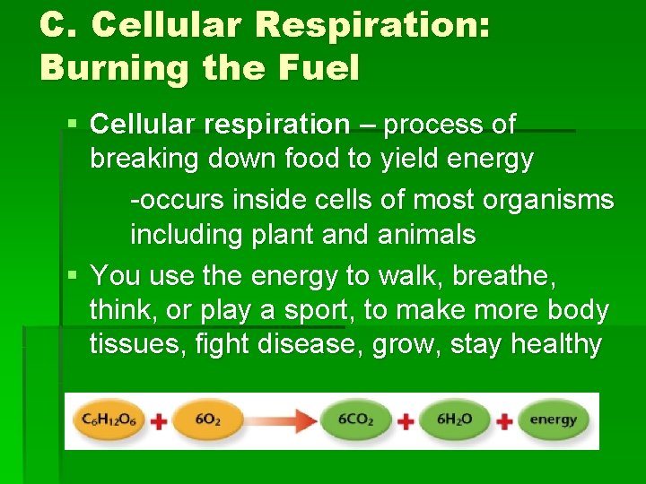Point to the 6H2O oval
click(x=455, y=419)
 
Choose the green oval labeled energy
click(x=553, y=419)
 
